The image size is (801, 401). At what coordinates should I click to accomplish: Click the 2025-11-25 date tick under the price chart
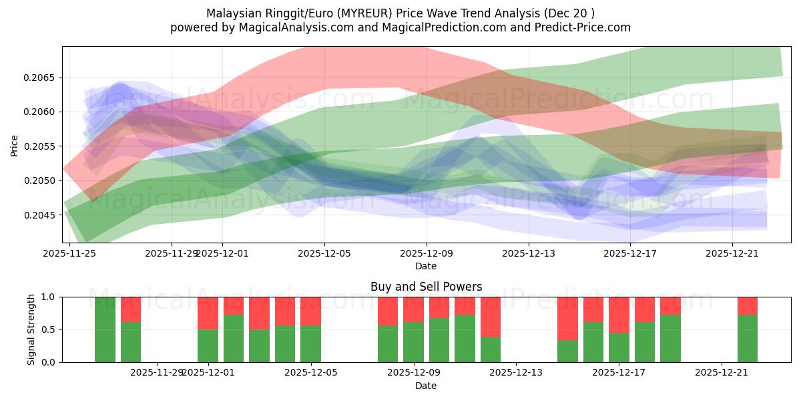(69, 253)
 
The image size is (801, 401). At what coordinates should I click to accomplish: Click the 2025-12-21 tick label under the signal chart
(722, 372)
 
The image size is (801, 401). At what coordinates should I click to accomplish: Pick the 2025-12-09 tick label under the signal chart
(416, 372)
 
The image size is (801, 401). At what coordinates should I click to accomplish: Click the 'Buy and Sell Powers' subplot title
(426, 287)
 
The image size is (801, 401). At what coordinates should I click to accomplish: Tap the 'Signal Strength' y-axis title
(31, 329)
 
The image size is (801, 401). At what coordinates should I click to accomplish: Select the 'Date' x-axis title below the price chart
(426, 266)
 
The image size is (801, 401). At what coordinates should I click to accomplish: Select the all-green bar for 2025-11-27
(105, 329)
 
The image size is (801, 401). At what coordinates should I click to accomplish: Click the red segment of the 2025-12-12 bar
(491, 316)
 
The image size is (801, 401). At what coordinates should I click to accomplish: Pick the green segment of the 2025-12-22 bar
(748, 338)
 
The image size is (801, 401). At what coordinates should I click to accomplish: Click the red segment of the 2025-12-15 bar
(567, 318)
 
